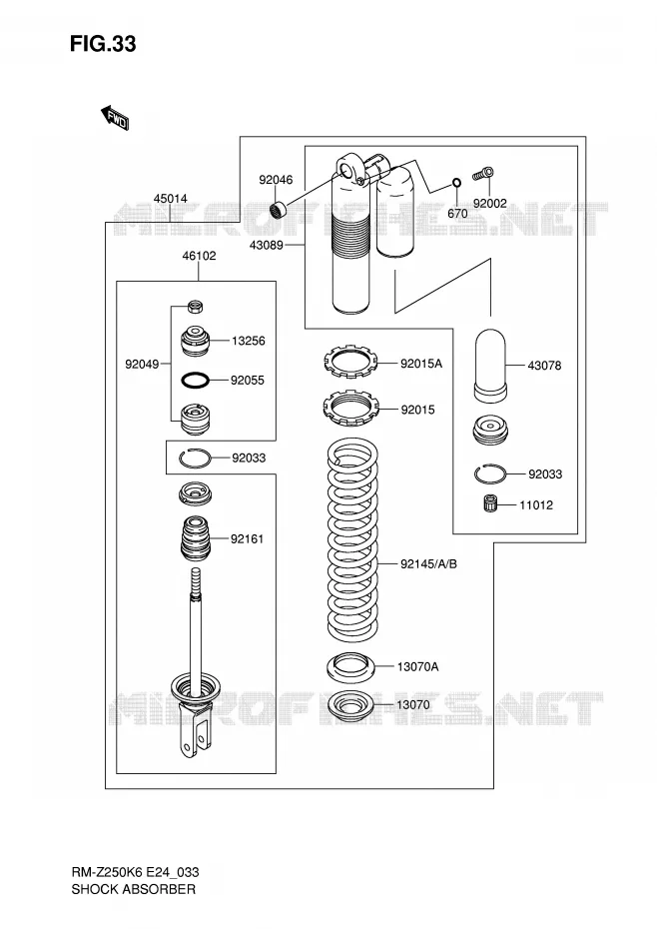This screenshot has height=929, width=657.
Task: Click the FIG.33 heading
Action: coord(103,44)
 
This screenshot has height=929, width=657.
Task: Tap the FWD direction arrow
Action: coord(115,117)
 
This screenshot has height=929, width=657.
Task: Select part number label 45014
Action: coord(170,199)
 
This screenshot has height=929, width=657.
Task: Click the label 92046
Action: coord(276,180)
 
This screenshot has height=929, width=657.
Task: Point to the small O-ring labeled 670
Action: coord(456,182)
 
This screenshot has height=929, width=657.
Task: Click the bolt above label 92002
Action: coord(483,174)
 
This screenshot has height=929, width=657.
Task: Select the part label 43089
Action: coord(266,245)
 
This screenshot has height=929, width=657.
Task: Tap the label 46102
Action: coord(199,256)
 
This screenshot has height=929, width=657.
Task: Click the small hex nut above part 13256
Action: coord(196,307)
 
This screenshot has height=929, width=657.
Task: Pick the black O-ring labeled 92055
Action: coord(195,381)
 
